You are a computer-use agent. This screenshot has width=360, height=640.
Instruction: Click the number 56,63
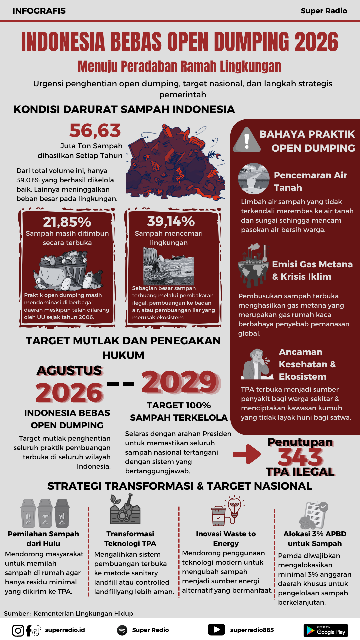click(x=95, y=131)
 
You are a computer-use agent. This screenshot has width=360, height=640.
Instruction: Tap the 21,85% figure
click(x=67, y=222)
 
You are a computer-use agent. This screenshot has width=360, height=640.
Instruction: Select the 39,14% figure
click(x=171, y=221)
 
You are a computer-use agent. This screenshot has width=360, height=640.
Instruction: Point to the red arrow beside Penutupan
click(x=247, y=454)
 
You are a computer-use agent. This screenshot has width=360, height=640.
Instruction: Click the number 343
click(x=300, y=457)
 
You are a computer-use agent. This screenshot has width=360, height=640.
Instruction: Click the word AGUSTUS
click(x=69, y=371)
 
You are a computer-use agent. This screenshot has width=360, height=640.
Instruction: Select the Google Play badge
click(x=326, y=630)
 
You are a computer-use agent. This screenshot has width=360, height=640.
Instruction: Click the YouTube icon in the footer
click(x=216, y=630)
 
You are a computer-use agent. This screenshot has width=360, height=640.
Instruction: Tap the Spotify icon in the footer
click(x=122, y=630)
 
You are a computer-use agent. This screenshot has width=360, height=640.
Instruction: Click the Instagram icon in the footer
click(x=18, y=630)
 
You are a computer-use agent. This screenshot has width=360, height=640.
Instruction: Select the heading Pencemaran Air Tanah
click(x=310, y=181)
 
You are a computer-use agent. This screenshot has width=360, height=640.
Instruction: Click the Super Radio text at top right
click(x=324, y=11)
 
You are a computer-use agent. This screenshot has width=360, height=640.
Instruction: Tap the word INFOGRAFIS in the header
click(x=39, y=11)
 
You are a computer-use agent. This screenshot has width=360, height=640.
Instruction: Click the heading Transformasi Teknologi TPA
click(x=130, y=539)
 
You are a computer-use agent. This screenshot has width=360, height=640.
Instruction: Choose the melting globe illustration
click(x=253, y=267)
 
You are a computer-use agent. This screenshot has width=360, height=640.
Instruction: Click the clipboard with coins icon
click(x=314, y=516)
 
